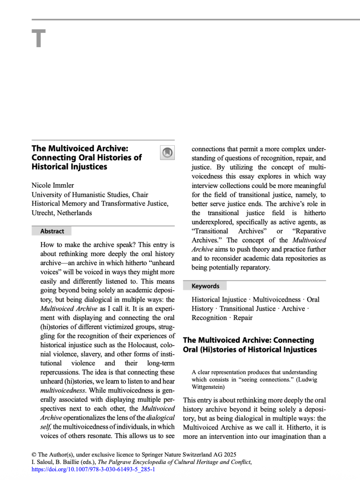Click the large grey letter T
click(38, 39)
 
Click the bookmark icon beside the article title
click(167, 152)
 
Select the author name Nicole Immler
click(53, 186)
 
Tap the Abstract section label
click(52, 231)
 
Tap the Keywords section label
click(205, 286)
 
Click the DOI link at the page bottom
click(94, 469)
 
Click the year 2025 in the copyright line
click(229, 454)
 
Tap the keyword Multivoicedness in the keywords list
click(276, 300)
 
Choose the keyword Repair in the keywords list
click(243, 318)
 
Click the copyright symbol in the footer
click(34, 454)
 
